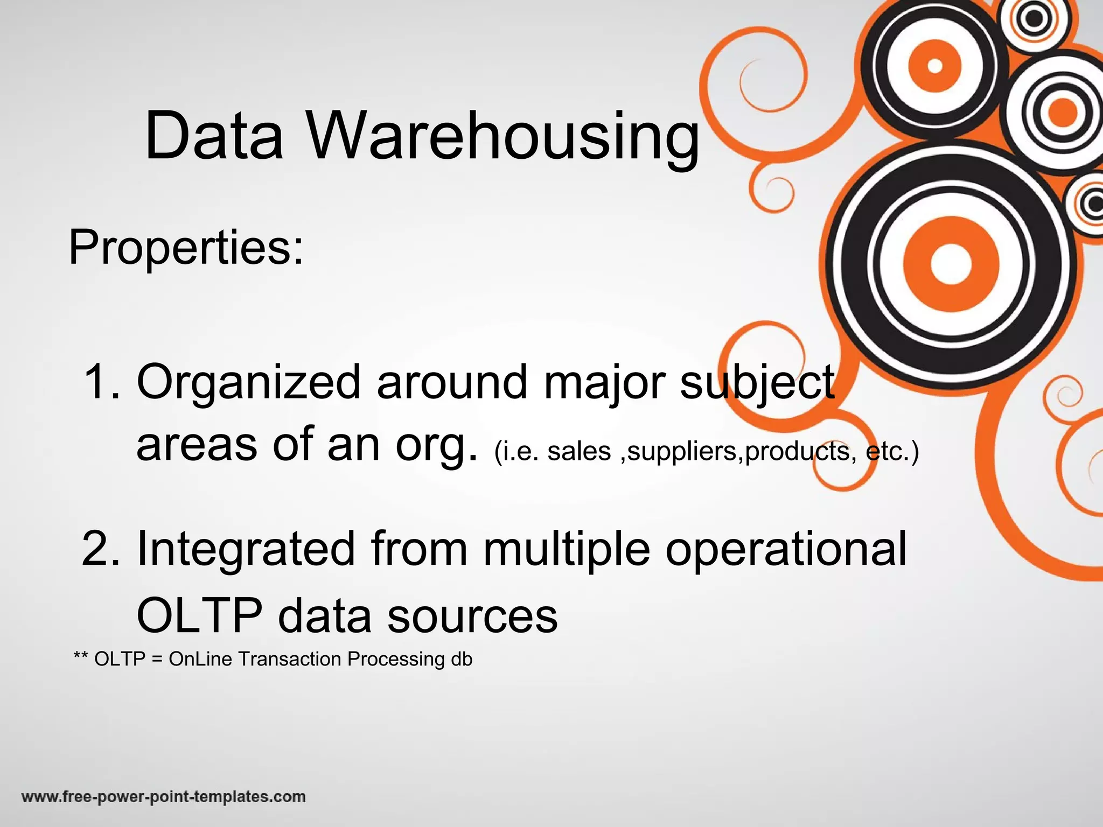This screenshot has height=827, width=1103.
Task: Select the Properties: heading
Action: click(186, 248)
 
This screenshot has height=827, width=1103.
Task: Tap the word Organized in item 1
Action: click(248, 382)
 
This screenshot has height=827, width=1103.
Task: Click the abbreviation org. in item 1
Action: click(436, 446)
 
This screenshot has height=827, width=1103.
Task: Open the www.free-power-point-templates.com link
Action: click(163, 796)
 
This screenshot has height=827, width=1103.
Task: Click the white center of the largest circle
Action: click(951, 264)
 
